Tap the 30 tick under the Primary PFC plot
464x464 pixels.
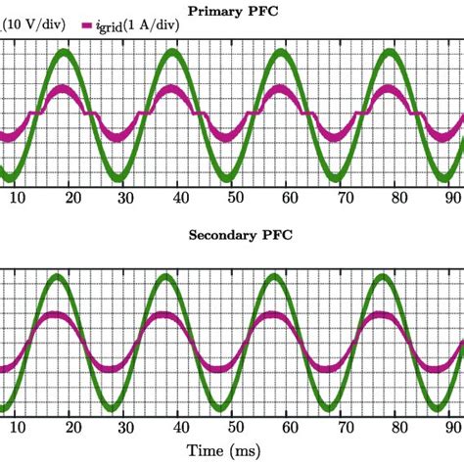[x=125, y=197]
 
